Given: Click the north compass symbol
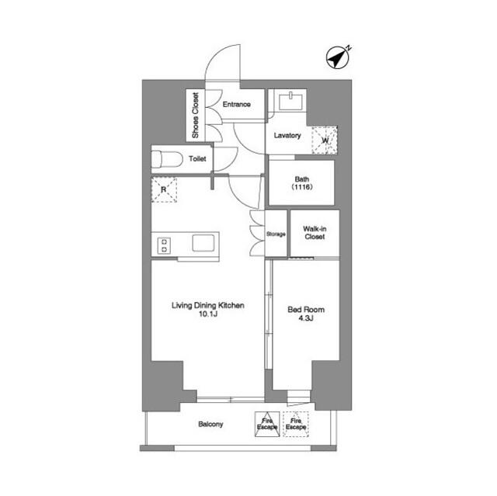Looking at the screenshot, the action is (339, 57).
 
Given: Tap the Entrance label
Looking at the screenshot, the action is (236, 104).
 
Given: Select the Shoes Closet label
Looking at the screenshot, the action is (195, 116).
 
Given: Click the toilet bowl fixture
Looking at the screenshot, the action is (167, 159).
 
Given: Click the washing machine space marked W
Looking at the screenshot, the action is (325, 140).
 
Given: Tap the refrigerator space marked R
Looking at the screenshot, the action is (164, 189).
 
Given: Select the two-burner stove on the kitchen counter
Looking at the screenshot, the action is (164, 245).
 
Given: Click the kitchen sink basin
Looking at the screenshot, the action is (203, 243).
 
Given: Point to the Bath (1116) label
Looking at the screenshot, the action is (302, 183).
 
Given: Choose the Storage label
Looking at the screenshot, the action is (276, 234).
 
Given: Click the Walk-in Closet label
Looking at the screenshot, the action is (315, 233).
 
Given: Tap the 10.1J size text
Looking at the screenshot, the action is (207, 314).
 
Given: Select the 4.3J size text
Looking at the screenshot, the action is (306, 318).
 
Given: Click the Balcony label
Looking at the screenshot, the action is (210, 424).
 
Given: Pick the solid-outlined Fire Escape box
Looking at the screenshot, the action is (267, 424).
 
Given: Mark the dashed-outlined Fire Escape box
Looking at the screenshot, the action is (296, 424).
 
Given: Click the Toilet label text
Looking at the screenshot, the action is (197, 158).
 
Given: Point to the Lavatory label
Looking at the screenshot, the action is (287, 136).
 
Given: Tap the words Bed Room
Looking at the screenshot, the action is (306, 310).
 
